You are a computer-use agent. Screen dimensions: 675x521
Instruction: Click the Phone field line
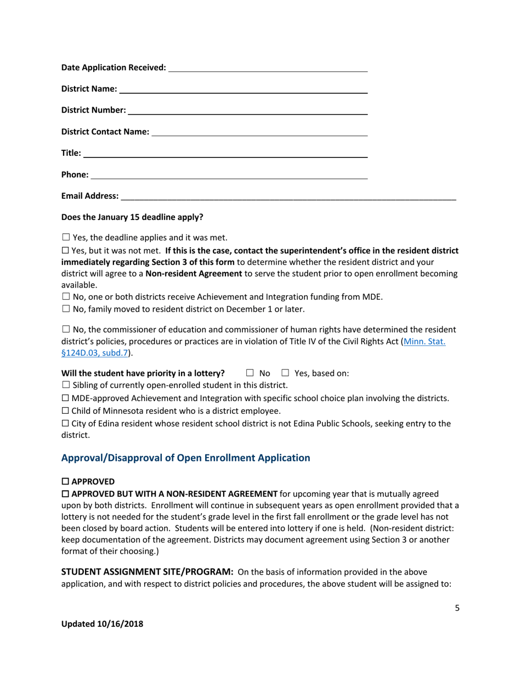click(229, 175)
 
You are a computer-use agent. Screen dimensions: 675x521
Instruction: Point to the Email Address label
click(89, 196)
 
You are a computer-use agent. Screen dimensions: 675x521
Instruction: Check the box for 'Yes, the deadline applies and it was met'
click(65, 238)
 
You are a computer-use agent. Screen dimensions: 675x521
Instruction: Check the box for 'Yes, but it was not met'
click(65, 250)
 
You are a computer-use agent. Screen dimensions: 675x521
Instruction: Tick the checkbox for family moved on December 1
click(65, 309)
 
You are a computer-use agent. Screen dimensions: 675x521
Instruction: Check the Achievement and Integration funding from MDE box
click(65, 297)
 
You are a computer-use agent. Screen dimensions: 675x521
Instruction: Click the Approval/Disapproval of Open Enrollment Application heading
click(185, 458)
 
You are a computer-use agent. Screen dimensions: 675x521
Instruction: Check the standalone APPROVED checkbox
click(65, 481)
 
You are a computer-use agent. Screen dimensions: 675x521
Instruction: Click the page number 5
click(457, 607)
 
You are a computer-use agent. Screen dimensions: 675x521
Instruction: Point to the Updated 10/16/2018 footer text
click(101, 624)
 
